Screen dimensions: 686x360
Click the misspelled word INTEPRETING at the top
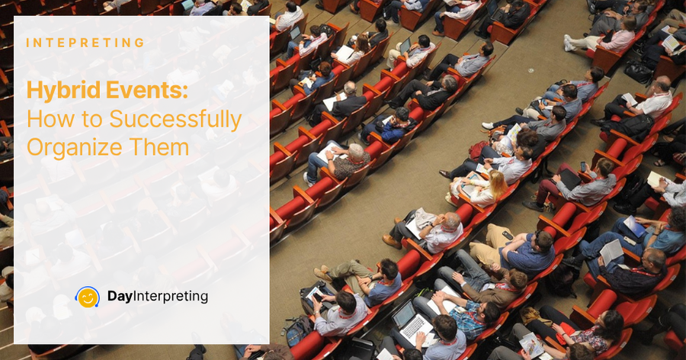[x=85, y=43]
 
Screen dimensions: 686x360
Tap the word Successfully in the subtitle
[x=175, y=120]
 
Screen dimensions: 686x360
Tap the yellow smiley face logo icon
[x=88, y=297]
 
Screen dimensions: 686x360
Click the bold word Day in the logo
[x=120, y=297]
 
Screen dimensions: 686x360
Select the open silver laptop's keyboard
[x=412, y=326]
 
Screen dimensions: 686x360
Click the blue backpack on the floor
[x=298, y=330]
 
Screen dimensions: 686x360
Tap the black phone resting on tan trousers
[x=508, y=236]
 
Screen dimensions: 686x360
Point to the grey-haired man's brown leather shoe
[x=392, y=241]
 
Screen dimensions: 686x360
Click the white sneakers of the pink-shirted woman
[x=569, y=43]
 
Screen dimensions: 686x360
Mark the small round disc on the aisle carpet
[x=531, y=69]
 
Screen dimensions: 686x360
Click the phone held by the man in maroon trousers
[x=583, y=166]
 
